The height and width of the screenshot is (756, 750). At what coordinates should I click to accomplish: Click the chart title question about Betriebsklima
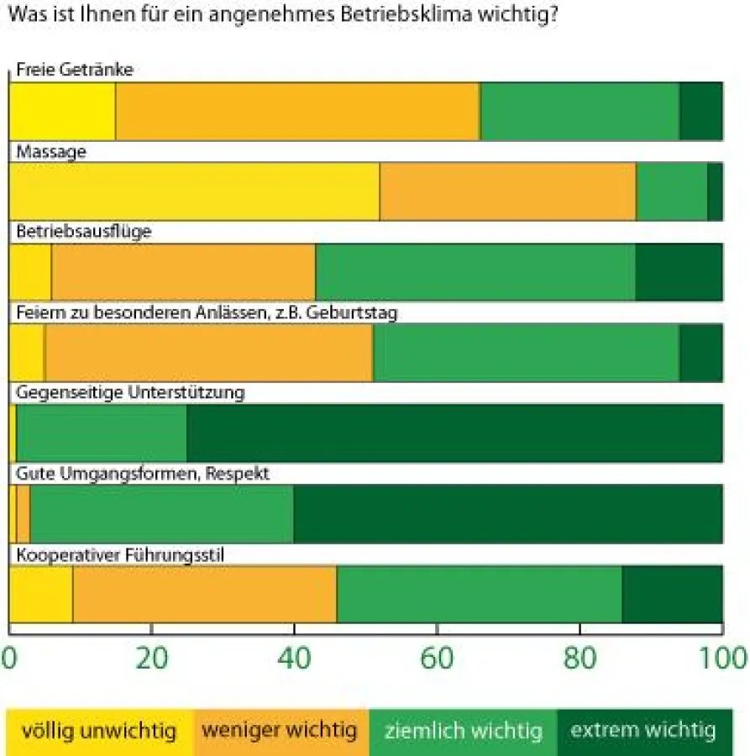[x=281, y=15]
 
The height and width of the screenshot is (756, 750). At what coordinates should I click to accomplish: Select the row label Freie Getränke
[x=75, y=70]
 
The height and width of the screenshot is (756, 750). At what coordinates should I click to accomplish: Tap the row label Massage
[x=51, y=151]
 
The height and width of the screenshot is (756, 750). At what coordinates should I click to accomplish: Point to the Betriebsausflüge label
[x=84, y=232]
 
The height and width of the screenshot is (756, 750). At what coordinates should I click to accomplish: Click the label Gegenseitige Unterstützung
[x=130, y=392]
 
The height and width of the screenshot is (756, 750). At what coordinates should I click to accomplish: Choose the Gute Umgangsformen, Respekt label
[x=143, y=474]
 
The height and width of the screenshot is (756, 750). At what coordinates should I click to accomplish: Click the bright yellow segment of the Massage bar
[x=194, y=192]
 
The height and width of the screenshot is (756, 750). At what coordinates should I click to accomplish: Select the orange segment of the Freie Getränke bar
[x=297, y=111]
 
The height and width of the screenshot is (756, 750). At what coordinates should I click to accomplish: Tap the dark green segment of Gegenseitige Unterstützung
[x=454, y=433]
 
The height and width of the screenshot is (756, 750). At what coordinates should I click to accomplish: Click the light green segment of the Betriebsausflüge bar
[x=475, y=272]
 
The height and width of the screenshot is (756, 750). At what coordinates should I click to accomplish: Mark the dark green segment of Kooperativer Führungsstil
[x=672, y=594]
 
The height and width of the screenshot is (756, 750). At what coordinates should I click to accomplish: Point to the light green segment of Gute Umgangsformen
[x=162, y=513]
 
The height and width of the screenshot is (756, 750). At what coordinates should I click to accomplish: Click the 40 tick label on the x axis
[x=294, y=658]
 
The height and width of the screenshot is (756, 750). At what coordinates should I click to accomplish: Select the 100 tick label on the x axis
[x=721, y=658]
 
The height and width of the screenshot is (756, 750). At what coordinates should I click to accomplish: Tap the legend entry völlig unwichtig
[x=100, y=731]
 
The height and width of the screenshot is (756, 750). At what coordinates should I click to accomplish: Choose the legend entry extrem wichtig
[x=643, y=731]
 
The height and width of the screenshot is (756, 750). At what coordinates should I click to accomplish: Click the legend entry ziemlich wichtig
[x=463, y=731]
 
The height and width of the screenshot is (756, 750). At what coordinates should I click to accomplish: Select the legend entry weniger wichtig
[x=281, y=731]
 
